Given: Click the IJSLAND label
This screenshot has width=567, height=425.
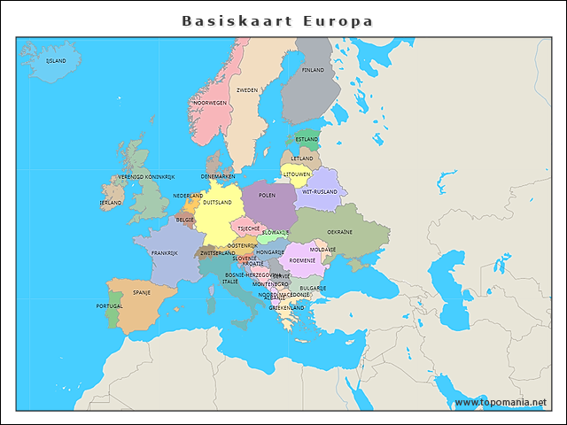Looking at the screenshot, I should click(x=56, y=61).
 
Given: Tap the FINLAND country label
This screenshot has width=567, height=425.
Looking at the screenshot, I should click(x=313, y=70).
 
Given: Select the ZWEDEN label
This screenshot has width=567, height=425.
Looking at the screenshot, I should click(x=247, y=90).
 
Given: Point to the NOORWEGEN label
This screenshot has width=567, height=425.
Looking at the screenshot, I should click(x=210, y=103).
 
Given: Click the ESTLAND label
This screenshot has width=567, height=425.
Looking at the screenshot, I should click(x=307, y=139).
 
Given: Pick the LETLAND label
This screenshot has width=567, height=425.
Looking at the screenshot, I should click(x=302, y=158).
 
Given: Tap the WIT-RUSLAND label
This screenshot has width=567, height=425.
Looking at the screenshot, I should click(x=319, y=191).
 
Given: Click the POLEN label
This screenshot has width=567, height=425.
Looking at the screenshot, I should click(x=267, y=195).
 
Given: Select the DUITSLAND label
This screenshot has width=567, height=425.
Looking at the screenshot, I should click(x=217, y=202).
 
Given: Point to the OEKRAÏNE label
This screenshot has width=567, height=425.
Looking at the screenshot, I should click(x=340, y=232).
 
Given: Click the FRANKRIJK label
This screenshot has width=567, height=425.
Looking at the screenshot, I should click(x=165, y=253).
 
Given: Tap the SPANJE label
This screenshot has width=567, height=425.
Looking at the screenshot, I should click(x=142, y=291).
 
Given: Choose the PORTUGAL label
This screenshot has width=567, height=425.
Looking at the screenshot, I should click(x=110, y=306).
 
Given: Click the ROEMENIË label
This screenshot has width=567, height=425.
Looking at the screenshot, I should click(x=303, y=260).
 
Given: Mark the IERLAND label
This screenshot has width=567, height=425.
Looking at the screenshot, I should click(x=111, y=203).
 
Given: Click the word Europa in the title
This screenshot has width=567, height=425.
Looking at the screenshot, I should click(x=337, y=20).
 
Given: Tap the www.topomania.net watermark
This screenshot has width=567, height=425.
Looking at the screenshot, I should click(x=500, y=403).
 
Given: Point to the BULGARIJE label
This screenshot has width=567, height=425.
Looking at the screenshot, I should click(x=313, y=288).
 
